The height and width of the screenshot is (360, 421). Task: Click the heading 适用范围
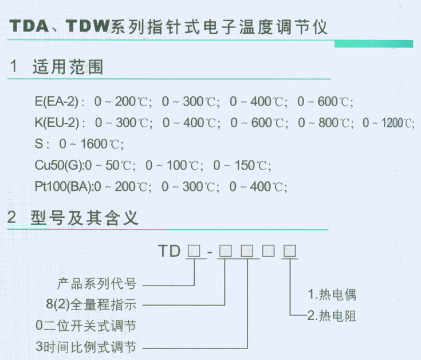point(69,68)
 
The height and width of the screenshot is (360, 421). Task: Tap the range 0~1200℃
point(389,123)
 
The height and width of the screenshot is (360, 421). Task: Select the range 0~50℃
point(114,165)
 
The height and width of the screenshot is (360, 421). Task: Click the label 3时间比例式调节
point(86,347)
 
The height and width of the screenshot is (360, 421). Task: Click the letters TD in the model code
point(170,251)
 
